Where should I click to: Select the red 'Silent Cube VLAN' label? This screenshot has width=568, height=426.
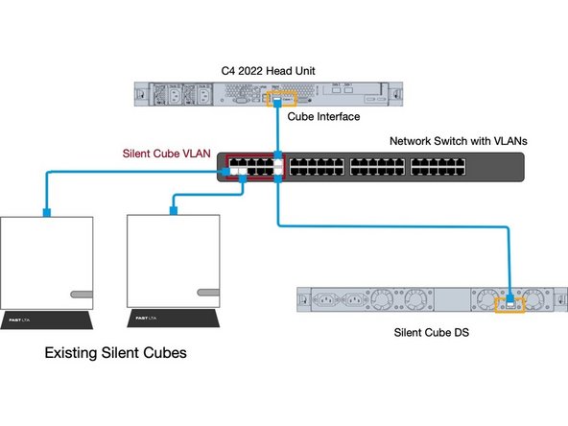tap(167, 152)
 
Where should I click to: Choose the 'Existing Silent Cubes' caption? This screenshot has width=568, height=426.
tap(116, 353)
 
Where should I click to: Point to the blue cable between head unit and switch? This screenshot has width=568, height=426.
tap(278, 130)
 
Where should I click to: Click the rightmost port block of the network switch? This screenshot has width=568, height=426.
tap(437, 169)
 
